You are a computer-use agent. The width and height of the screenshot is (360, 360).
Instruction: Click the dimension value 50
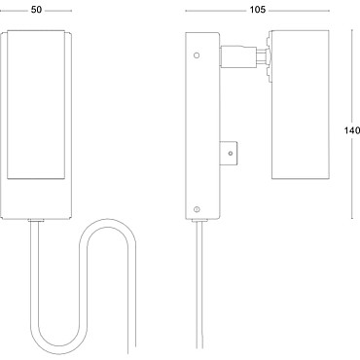[x=36, y=10]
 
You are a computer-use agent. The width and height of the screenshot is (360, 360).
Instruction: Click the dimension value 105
[x=258, y=10]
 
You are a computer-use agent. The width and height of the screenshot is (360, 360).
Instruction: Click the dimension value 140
[x=352, y=130]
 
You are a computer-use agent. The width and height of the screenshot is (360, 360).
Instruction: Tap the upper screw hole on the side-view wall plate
[x=197, y=55]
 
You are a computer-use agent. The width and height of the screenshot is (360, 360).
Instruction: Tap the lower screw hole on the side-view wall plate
[x=197, y=209]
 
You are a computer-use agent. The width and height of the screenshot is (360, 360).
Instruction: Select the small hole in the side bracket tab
[x=231, y=154]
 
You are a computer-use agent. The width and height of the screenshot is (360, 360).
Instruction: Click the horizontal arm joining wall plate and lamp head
[x=238, y=56]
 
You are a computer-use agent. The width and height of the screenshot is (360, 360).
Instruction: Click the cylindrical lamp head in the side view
[x=301, y=104]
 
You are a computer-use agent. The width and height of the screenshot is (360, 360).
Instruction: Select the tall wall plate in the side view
[x=202, y=126]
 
